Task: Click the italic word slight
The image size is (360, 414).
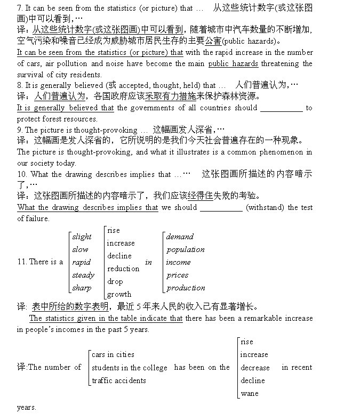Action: click(82, 237)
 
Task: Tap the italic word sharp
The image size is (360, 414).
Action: click(82, 288)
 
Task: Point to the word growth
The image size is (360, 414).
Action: click(119, 294)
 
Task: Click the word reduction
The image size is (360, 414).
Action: click(123, 269)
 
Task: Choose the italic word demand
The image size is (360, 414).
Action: click(180, 237)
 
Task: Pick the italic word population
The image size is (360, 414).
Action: click(185, 249)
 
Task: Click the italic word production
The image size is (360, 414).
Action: click(186, 288)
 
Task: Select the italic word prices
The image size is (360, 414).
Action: click(177, 275)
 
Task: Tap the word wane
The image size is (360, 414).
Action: click(249, 393)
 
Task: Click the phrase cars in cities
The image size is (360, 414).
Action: click(113, 354)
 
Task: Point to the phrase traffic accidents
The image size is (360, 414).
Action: click(118, 380)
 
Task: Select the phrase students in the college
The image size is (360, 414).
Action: click(129, 368)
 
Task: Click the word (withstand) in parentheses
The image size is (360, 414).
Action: click(265, 207)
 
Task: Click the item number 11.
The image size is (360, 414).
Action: click(22, 262)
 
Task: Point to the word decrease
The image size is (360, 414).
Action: click(255, 368)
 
